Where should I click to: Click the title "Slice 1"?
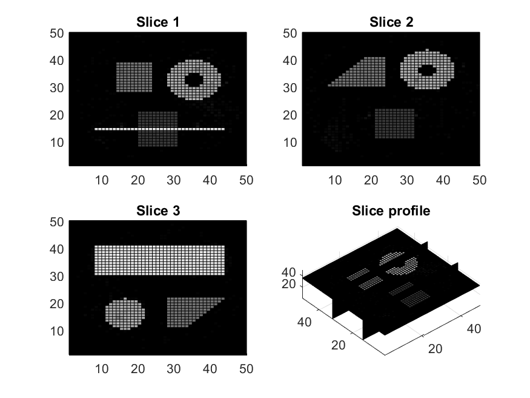[x=158, y=22]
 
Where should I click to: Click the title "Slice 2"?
[x=391, y=22]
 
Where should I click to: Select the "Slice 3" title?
[x=158, y=211]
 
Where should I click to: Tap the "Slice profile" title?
[x=391, y=211]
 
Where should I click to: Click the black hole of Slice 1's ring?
[x=194, y=80]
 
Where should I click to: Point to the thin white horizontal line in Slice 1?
[x=159, y=129]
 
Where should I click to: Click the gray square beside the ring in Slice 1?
[x=134, y=77]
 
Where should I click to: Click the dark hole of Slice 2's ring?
[x=427, y=70]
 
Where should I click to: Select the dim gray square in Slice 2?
[x=395, y=124]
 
